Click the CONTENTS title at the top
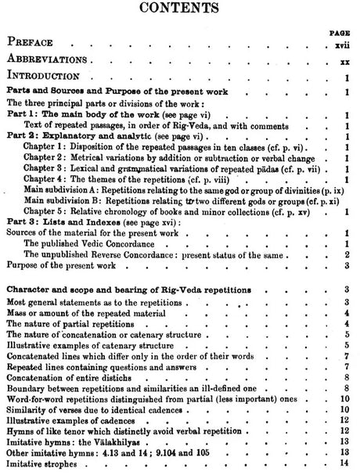tap(179, 10)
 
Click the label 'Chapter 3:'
tap(45, 167)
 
